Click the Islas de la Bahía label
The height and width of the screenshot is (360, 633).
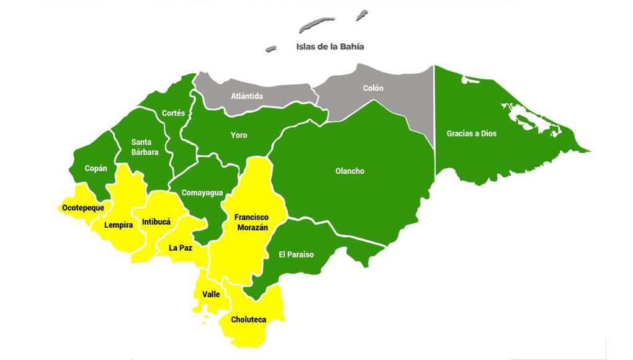[x=330, y=47]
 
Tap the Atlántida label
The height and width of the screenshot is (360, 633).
[x=247, y=96]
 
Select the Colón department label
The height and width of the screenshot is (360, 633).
[x=373, y=88]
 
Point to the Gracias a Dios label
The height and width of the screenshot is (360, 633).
[x=472, y=133]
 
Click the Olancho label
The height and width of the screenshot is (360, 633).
[x=349, y=171]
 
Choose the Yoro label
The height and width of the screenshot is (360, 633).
[x=239, y=135]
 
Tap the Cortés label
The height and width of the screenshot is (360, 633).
[x=173, y=113]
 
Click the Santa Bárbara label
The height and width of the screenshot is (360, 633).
[x=145, y=147]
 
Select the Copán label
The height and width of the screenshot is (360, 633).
[x=96, y=168]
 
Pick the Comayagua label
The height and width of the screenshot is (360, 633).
[x=202, y=193]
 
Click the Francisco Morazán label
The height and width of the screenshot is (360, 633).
[x=251, y=222]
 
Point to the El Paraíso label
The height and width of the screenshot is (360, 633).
[x=296, y=254]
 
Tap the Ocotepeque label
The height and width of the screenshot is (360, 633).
[x=83, y=207]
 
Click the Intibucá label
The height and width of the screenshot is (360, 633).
[x=156, y=222]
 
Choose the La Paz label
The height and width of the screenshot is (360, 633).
[x=181, y=248]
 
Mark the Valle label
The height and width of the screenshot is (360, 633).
[x=211, y=294]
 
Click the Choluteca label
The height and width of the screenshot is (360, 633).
[x=248, y=320]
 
